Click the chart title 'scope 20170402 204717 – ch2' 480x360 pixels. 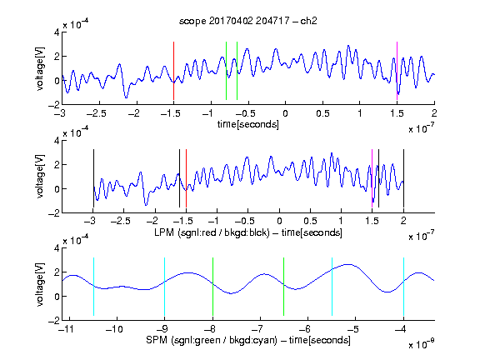[x=248, y=21]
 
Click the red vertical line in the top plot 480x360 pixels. [x=173, y=71]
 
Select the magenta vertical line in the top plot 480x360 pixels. [x=397, y=71]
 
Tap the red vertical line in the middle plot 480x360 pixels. [x=186, y=178]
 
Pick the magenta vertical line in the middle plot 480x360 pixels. [x=372, y=178]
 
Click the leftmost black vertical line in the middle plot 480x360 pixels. [x=93, y=178]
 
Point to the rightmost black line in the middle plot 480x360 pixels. [x=403, y=178]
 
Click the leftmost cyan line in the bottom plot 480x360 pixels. [x=93, y=287]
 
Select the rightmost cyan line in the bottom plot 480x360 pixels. [x=403, y=287]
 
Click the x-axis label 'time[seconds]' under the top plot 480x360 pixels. [x=248, y=125]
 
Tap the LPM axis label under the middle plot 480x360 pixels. [x=248, y=232]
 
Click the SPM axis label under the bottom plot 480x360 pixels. [x=248, y=340]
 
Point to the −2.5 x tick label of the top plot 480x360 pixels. [x=96, y=113]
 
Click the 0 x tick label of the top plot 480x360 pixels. [x=285, y=113]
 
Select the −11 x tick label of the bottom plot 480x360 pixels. [x=67, y=329]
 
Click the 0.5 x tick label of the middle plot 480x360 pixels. [x=310, y=221]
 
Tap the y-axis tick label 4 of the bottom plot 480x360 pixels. [x=57, y=248]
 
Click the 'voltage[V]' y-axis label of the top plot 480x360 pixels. [x=40, y=68]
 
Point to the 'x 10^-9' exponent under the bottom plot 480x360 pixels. [x=422, y=344]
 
